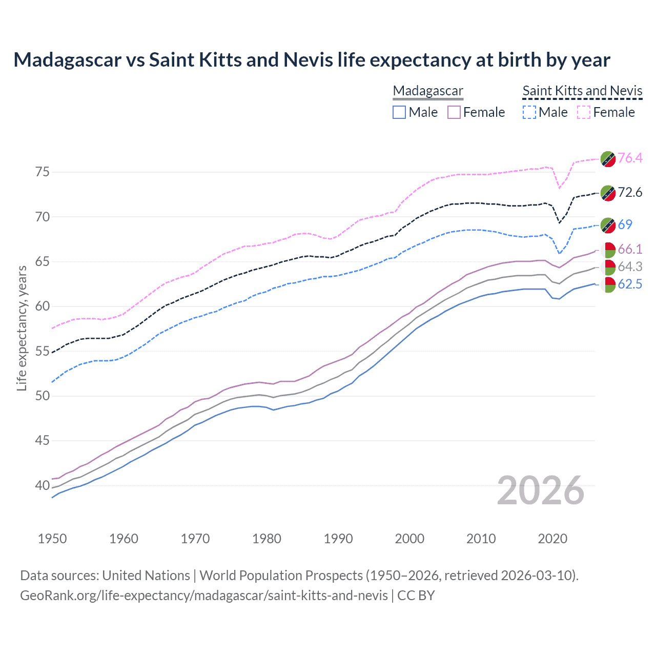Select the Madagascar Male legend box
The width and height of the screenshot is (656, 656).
point(399,112)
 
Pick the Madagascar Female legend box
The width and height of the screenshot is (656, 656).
point(454,112)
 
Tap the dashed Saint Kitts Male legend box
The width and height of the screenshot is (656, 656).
point(529,112)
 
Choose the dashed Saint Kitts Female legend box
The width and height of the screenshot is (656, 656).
point(584,112)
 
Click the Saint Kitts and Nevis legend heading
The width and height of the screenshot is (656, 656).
point(582,91)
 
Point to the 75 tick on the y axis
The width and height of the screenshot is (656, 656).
point(43,172)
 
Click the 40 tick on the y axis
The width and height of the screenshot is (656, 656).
point(43,485)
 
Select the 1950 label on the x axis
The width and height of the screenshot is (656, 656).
point(52,539)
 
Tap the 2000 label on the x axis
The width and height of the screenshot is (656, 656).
point(409,539)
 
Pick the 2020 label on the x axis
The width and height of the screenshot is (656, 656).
point(552,539)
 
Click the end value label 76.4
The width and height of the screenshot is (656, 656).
point(630,158)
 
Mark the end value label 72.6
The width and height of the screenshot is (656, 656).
point(630,192)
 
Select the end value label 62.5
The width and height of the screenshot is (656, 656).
point(630,284)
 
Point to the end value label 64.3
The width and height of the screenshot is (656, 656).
point(630,266)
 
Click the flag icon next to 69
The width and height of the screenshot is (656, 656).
point(608,224)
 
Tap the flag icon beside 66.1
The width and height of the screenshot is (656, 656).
point(608,250)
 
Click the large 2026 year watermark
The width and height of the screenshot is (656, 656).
point(540,490)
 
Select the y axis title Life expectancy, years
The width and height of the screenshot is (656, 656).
point(22,328)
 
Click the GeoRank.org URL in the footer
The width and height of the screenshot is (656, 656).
point(204,596)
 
